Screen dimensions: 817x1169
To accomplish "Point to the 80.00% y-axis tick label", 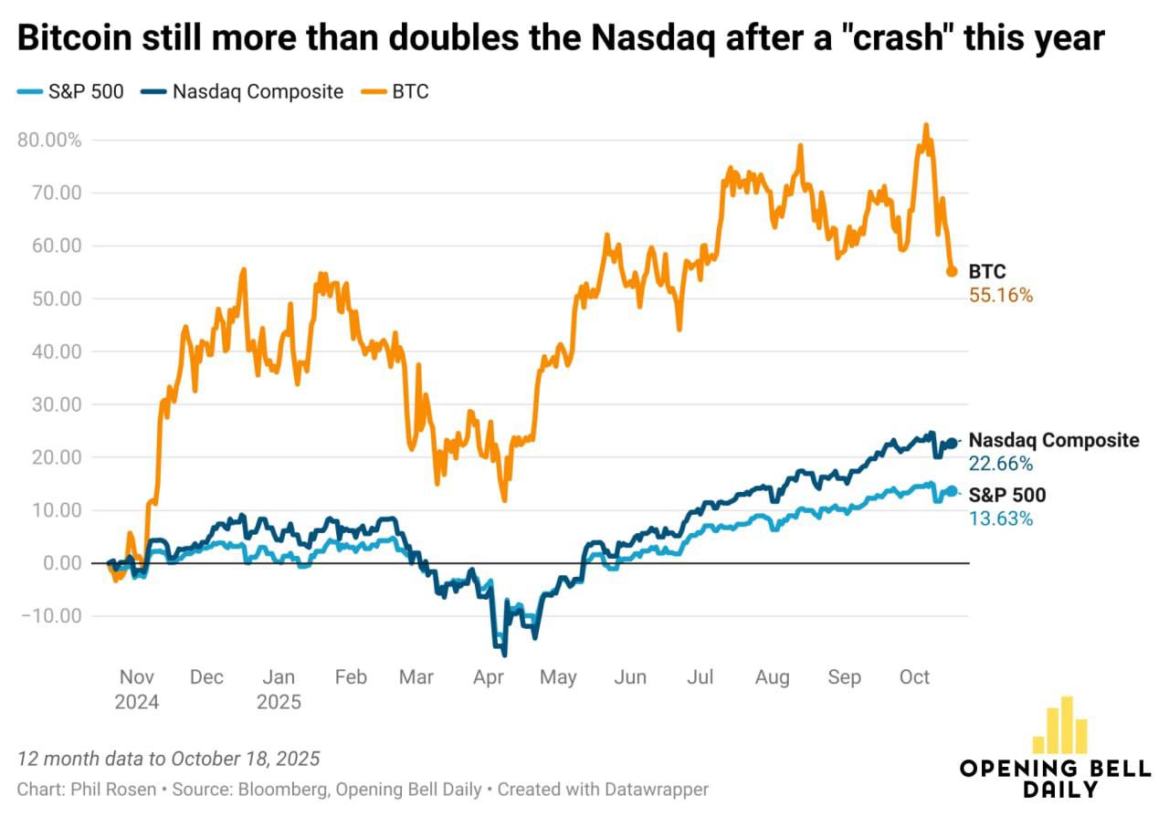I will pos(49,141).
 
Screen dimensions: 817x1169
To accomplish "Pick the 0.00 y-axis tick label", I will pos(62,563).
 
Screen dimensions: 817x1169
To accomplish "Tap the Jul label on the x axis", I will pos(700,677).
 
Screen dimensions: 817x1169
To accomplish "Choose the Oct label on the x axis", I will pos(914,677).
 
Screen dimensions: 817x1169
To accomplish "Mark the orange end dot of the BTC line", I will pos(951,271).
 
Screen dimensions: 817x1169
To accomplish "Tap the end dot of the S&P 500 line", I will pos(951,491).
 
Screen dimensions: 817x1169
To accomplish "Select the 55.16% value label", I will pos(1000,296).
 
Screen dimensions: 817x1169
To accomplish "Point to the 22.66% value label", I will pos(1000,465).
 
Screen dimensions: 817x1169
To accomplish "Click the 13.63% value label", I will pos(1000,518).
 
